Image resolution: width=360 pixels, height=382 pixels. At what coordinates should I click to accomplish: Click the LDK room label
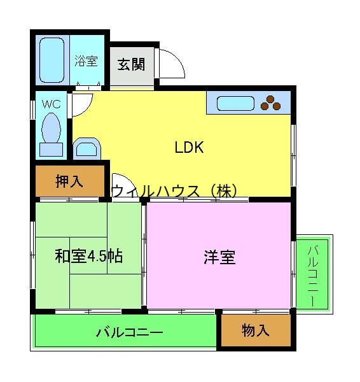point(189,148)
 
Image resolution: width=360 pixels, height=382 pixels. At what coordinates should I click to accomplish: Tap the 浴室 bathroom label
point(85,61)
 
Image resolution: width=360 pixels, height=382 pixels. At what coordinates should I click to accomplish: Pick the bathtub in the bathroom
point(52,60)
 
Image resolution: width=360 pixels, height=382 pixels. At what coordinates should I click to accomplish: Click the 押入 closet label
point(69,181)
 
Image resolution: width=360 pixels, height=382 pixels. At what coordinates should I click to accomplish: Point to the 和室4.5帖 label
point(88,257)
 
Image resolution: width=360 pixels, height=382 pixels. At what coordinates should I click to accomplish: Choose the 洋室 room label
point(219,257)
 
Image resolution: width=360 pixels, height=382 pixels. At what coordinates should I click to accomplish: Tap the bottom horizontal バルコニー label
point(130,332)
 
